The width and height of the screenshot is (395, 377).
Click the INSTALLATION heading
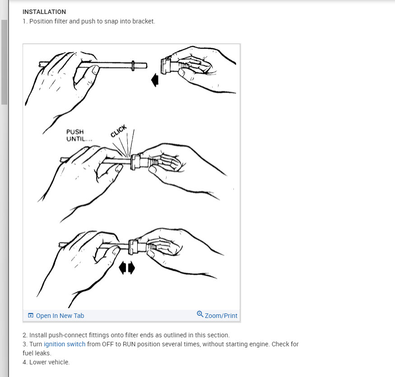tap(44, 12)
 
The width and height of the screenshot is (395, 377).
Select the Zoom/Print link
tap(221, 316)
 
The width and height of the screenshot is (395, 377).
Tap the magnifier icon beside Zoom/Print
tap(200, 314)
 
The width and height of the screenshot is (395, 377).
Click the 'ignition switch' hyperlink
tap(65, 344)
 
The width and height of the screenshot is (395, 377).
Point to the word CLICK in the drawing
tap(119, 131)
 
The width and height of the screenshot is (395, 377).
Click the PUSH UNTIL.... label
tap(79, 135)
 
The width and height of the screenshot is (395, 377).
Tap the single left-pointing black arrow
tap(155, 80)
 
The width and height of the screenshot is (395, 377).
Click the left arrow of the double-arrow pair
tap(122, 267)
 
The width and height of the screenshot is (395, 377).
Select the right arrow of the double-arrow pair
tap(131, 267)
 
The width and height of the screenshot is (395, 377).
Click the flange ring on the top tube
tap(133, 66)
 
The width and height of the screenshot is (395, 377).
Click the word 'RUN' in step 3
tap(129, 344)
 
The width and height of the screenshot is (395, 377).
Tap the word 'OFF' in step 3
tap(107, 344)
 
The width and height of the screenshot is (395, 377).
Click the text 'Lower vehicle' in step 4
tap(49, 362)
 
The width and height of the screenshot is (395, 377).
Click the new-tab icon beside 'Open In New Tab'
tap(31, 315)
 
